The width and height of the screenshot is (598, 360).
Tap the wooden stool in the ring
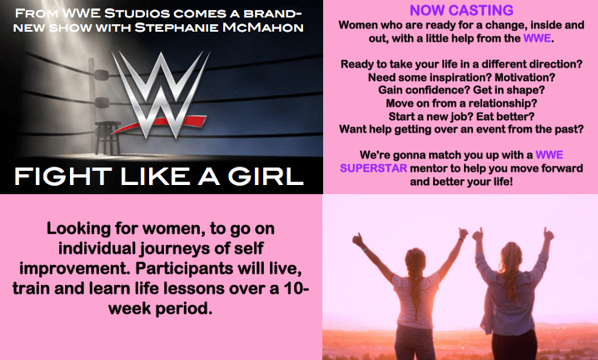point(108,137)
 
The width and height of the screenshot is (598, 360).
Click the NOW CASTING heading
point(461,10)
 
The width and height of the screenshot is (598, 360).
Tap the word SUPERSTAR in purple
point(373,168)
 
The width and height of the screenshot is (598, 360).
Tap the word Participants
point(184,269)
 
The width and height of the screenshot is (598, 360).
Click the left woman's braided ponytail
point(416,289)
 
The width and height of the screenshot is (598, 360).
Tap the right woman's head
point(511,255)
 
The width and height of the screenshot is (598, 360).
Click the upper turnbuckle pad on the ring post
point(102,75)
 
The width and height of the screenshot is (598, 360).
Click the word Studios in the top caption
point(137,13)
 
